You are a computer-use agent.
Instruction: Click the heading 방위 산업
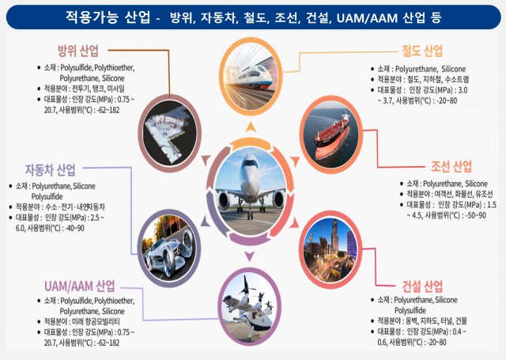click(78, 51)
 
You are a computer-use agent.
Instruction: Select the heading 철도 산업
click(422, 51)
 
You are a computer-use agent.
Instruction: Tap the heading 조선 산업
click(451, 166)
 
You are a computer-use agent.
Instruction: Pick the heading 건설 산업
click(422, 285)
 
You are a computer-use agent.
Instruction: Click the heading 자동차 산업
click(51, 169)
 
